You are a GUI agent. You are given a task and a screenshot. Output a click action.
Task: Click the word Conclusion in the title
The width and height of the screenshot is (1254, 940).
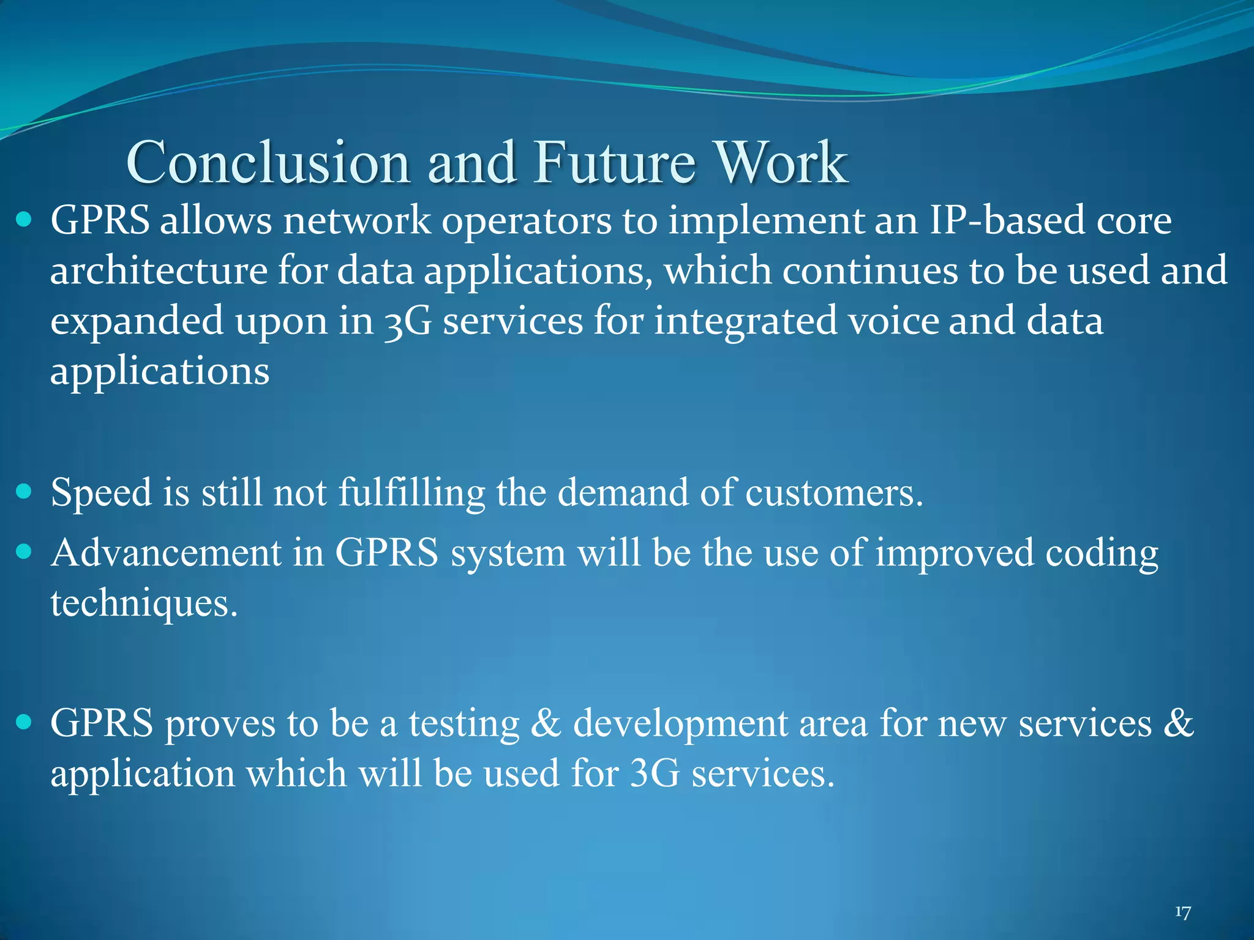(x=268, y=162)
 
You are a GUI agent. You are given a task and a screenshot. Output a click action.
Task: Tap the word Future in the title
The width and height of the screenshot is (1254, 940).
(x=614, y=162)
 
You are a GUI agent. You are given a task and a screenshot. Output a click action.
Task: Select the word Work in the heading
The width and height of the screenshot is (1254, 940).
(x=782, y=162)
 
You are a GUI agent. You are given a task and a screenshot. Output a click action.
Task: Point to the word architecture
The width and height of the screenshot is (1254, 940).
(x=159, y=271)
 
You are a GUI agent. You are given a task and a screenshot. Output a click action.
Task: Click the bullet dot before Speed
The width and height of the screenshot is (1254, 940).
(x=24, y=491)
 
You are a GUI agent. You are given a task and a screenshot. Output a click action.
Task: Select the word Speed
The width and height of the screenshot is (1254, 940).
(x=101, y=493)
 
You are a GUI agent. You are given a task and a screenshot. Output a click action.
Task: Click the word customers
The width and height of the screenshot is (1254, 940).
(x=833, y=493)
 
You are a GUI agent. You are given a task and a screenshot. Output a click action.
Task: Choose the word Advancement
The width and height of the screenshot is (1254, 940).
(x=166, y=553)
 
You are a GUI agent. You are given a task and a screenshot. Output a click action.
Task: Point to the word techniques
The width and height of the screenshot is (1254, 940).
(x=143, y=604)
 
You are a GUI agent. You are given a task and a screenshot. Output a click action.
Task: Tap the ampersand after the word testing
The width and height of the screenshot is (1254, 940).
(x=546, y=723)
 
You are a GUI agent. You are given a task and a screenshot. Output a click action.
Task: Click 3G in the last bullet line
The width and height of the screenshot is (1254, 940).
(x=655, y=774)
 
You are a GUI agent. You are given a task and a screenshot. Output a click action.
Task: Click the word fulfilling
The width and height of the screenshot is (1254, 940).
(x=411, y=493)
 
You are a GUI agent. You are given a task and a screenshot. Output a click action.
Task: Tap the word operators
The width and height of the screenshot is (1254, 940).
(x=526, y=222)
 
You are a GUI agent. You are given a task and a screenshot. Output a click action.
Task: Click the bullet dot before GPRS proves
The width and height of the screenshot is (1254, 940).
(x=24, y=722)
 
